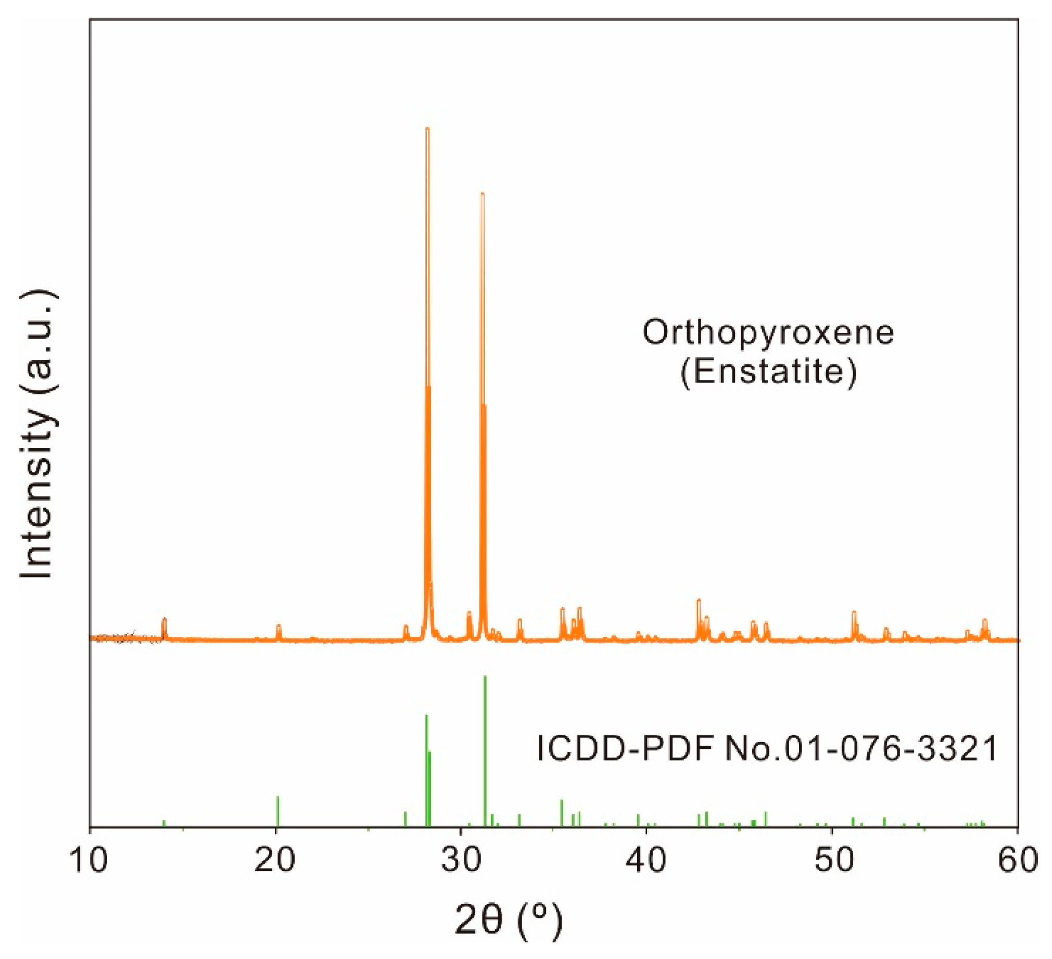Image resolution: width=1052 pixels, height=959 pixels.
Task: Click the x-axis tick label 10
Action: (x=89, y=862)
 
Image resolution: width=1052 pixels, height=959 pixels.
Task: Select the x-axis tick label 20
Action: (x=275, y=862)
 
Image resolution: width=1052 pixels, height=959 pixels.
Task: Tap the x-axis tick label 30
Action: (x=461, y=862)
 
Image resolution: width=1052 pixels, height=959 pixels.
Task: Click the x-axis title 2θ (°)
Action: (x=509, y=921)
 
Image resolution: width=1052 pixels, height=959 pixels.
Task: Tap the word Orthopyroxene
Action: (x=768, y=333)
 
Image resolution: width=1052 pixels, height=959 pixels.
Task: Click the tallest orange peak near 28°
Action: (x=427, y=131)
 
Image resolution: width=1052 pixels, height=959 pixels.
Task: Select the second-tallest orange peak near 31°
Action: (x=483, y=196)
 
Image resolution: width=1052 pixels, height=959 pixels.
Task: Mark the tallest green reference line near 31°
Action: (x=485, y=679)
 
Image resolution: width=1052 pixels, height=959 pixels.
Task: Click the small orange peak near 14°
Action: (x=164, y=621)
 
